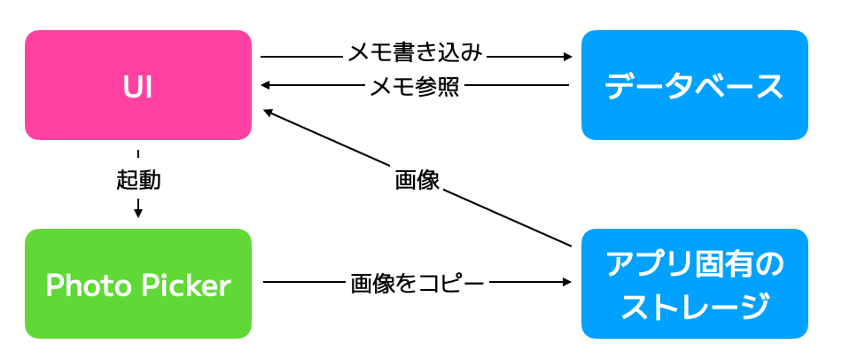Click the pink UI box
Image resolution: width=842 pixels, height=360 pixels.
pos(138,85)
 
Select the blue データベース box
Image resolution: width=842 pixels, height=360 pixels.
pos(694,85)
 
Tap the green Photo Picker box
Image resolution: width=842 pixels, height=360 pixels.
pos(138,284)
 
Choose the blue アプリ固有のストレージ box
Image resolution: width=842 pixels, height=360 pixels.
pos(694,284)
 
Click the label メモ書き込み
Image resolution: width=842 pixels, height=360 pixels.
pos(415,53)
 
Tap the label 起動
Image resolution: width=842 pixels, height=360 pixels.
pos(138,180)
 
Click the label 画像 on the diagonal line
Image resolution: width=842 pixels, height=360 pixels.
pos(417,180)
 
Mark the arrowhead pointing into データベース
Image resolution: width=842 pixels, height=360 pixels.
pos(568,58)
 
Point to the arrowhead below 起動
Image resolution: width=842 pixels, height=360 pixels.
pos(138,213)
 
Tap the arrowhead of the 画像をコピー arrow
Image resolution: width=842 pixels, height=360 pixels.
pos(568,283)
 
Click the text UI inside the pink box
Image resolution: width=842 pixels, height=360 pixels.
pos(138,86)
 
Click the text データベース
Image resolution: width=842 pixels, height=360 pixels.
pos(694,87)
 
